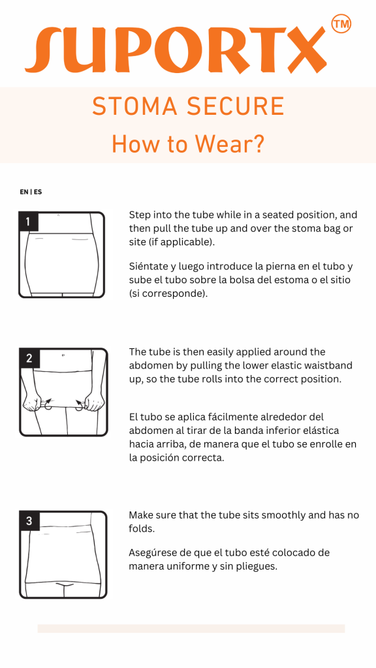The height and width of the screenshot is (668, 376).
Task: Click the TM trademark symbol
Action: click(341, 24)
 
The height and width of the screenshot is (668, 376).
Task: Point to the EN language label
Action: click(24, 192)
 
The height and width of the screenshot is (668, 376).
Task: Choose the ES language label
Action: click(38, 192)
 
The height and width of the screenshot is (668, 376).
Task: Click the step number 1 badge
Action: click(29, 222)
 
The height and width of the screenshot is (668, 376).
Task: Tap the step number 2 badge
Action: click(29, 358)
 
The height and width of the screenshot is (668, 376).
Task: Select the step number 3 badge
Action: click(29, 521)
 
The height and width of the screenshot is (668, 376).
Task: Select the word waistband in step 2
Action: click(332, 366)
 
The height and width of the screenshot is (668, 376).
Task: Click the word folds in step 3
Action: click(141, 529)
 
